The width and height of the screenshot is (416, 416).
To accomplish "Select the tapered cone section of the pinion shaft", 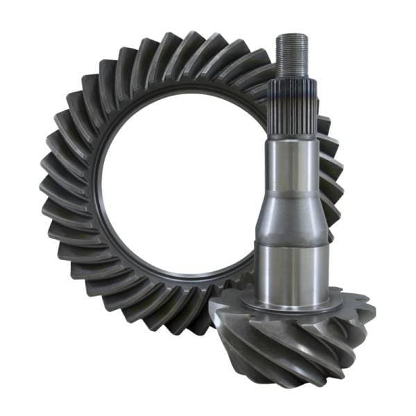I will coord(291,208).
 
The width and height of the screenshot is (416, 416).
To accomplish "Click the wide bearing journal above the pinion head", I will coord(291,270).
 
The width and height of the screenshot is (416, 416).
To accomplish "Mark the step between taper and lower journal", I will coord(291,243).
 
